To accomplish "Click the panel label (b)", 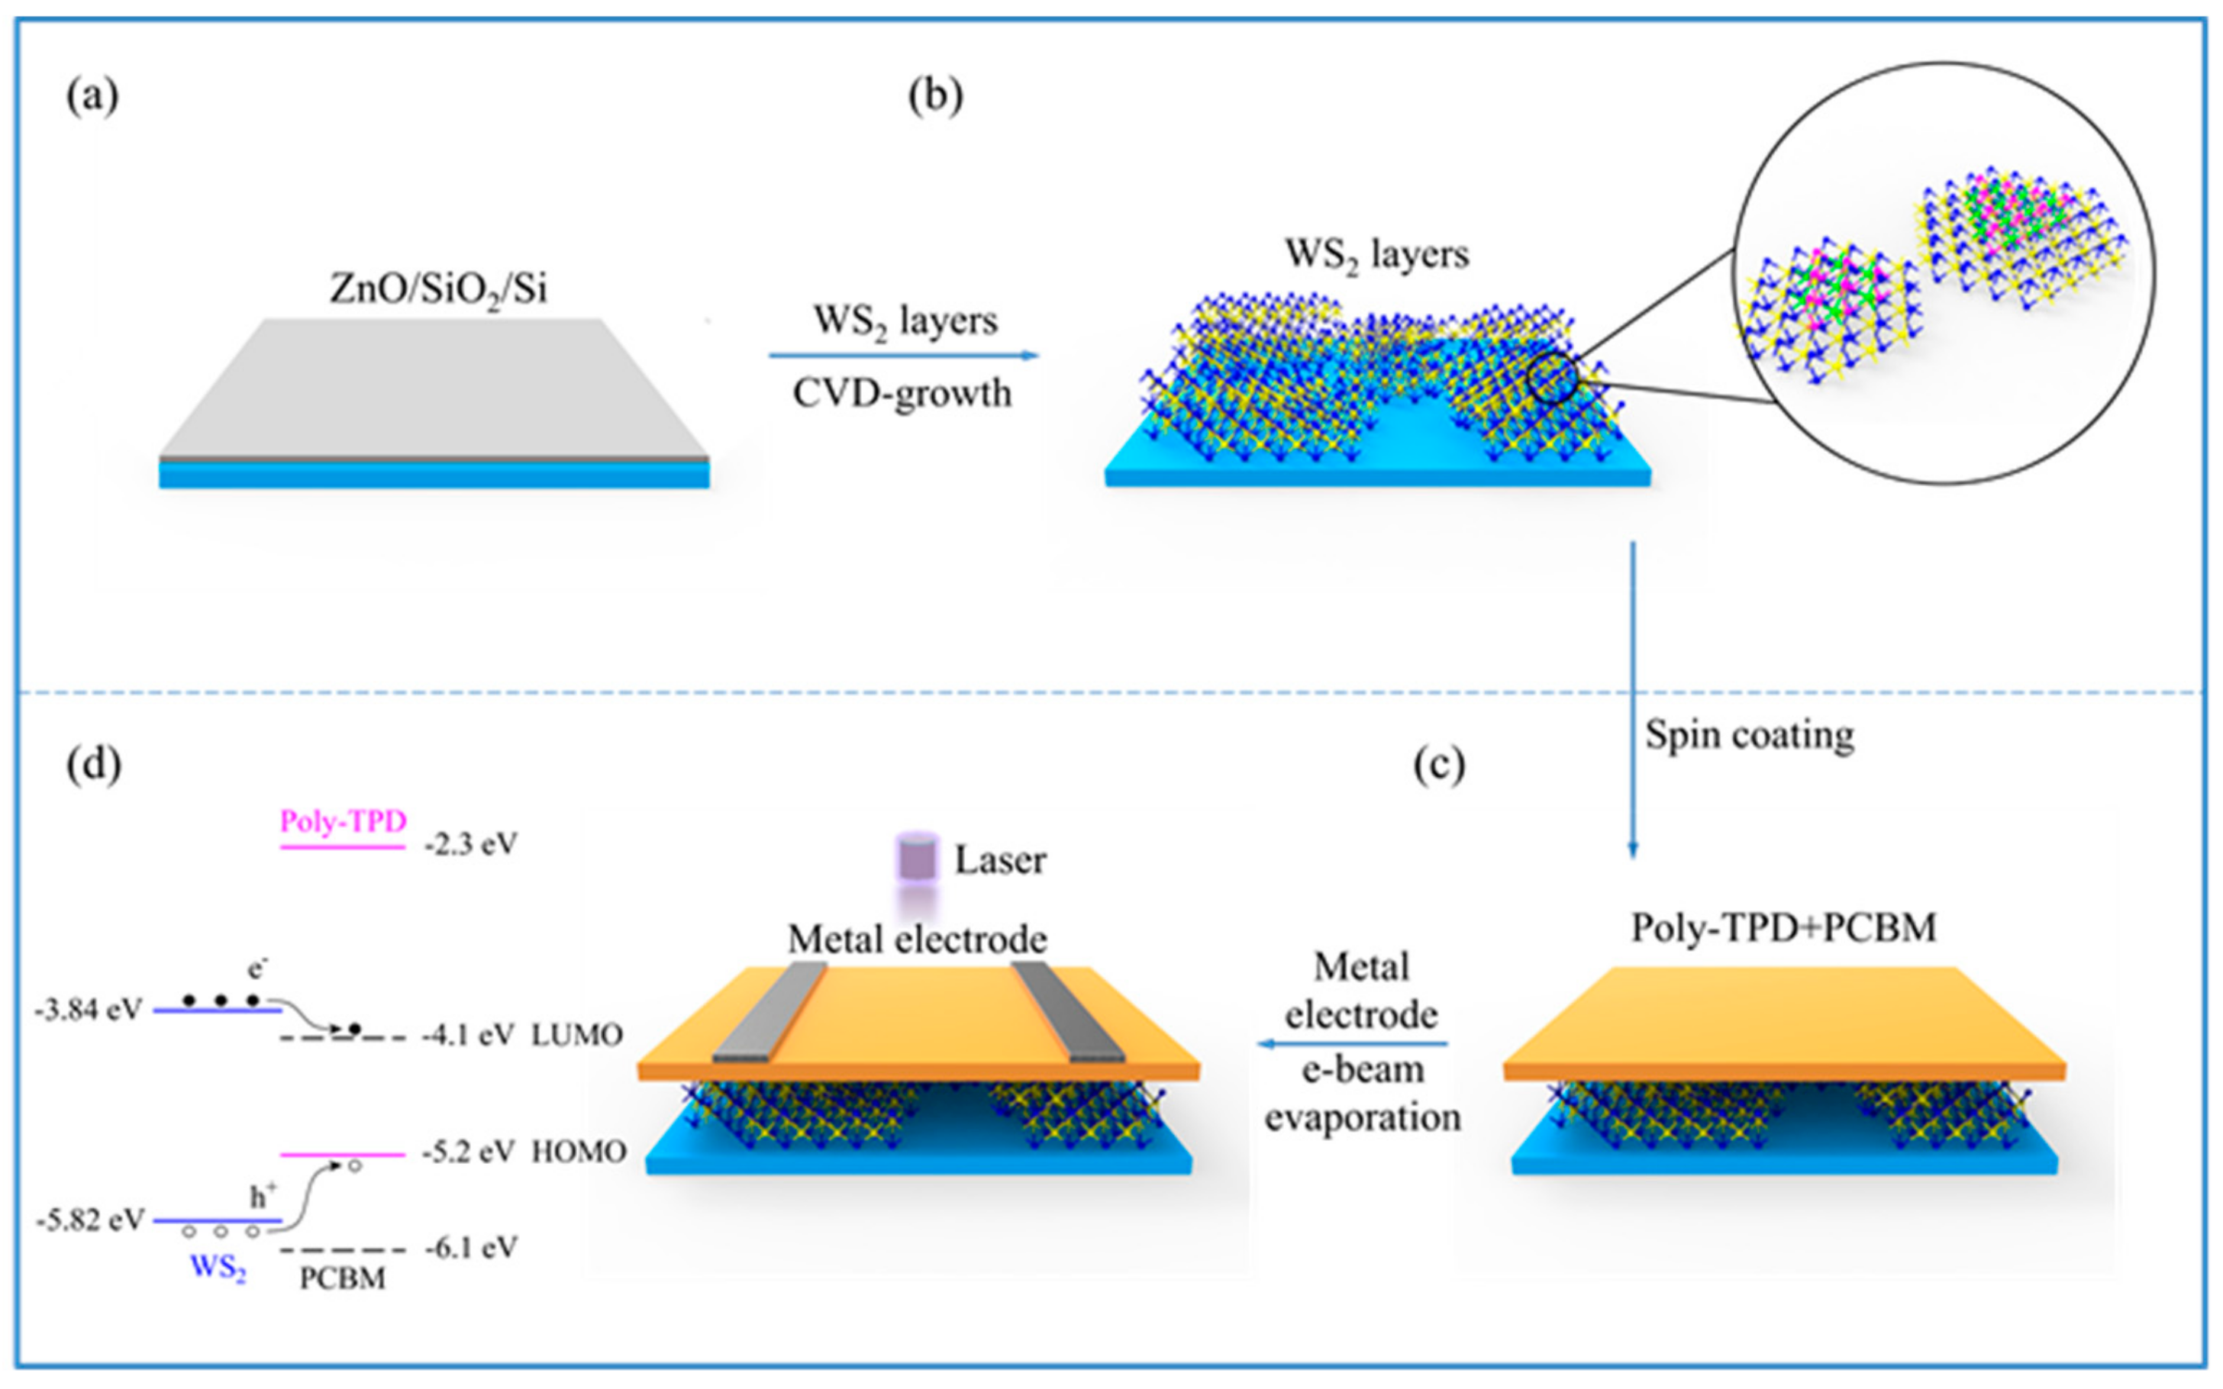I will pyautogui.click(x=935, y=96).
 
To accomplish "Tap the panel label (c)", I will pyautogui.click(x=1438, y=764).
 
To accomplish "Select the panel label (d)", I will pyautogui.click(x=94, y=764).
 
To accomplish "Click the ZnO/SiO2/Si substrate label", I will pyautogui.click(x=438, y=290).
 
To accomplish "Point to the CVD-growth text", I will pyautogui.click(x=902, y=394).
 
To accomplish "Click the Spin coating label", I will pyautogui.click(x=1749, y=735).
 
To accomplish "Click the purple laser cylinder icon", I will pyautogui.click(x=917, y=857).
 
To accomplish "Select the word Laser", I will pyautogui.click(x=1000, y=861).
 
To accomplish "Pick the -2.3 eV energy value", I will pyautogui.click(x=470, y=844).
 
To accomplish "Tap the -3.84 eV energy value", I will pyautogui.click(x=89, y=1010).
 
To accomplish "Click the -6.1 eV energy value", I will pyautogui.click(x=471, y=1249).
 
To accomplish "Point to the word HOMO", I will pyautogui.click(x=579, y=1152).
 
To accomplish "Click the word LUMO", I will pyautogui.click(x=577, y=1036).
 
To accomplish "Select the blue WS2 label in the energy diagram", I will pyautogui.click(x=218, y=1268).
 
